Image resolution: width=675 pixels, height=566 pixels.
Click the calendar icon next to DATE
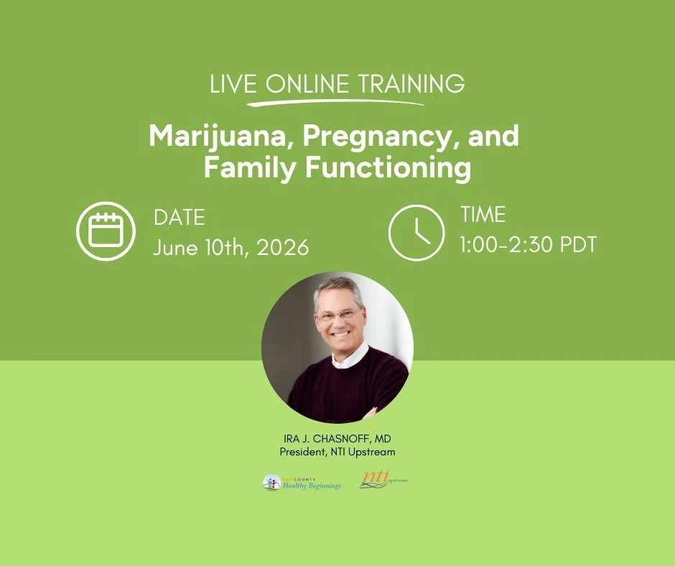[106, 231]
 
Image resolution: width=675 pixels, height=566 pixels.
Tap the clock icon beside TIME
[416, 231]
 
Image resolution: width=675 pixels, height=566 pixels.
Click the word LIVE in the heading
[233, 85]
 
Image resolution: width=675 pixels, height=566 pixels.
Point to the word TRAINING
[411, 85]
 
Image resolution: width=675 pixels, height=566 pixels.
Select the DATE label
[179, 218]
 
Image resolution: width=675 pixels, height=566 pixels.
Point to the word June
[175, 248]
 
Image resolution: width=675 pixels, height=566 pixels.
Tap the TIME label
[483, 215]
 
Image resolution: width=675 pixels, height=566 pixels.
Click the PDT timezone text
[574, 245]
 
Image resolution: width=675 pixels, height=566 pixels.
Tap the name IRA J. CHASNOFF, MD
[337, 440]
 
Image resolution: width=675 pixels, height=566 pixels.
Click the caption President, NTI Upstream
[337, 452]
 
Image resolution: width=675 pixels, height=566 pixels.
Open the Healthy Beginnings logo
[302, 483]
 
